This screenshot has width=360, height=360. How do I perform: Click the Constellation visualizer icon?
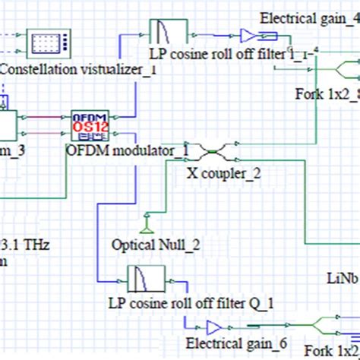point(47,43)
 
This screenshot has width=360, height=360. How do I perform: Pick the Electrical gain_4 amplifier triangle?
point(248,34)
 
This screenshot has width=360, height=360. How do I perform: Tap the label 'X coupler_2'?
point(223,172)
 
